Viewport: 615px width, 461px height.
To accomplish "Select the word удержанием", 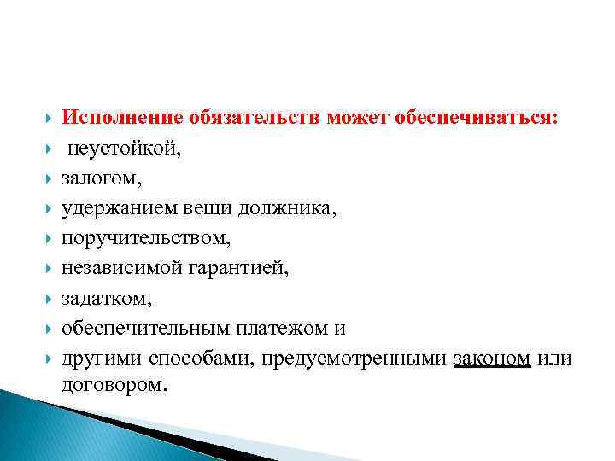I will (x=116, y=208).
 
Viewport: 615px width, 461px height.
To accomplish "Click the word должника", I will (x=295, y=208).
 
